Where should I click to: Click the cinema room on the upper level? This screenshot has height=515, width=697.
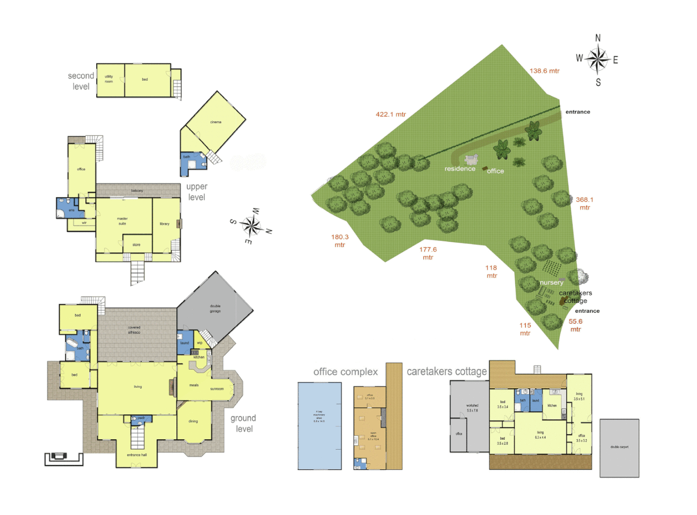point(215,123)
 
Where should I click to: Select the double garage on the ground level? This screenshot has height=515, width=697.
point(215,309)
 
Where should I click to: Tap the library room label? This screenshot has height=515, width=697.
point(164,224)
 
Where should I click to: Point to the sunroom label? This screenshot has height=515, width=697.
point(217,389)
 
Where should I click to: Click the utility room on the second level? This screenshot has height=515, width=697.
point(109,79)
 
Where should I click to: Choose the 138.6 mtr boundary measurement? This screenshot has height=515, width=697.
point(544,71)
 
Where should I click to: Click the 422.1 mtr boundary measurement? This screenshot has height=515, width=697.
point(390,114)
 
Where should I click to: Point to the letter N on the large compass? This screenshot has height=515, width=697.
point(598,38)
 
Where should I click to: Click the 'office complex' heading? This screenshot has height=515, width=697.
point(345,372)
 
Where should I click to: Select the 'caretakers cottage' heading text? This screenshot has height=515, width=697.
point(447,371)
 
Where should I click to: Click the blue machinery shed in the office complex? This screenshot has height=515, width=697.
point(319,426)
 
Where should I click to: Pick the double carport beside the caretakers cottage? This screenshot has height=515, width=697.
point(619,447)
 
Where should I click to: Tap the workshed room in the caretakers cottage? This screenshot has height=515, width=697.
point(472,408)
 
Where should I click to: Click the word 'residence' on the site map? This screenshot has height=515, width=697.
point(460,169)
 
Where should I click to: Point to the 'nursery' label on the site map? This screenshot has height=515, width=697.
point(551,282)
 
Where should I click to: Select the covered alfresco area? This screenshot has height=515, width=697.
point(134,330)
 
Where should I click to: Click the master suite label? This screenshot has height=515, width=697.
point(123,221)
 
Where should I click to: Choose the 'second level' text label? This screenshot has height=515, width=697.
point(81,81)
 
